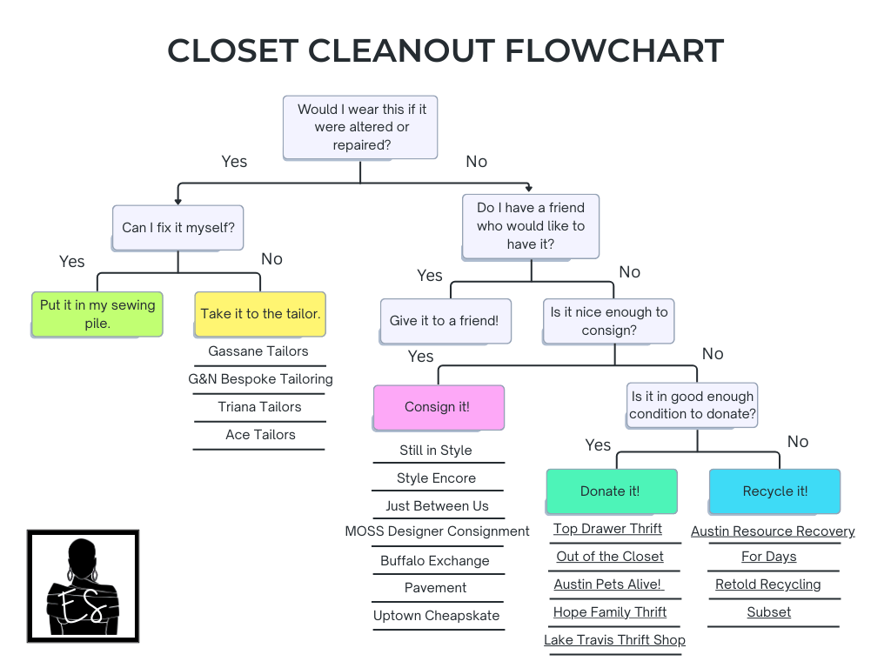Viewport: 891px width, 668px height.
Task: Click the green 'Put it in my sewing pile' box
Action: pyautogui.click(x=97, y=314)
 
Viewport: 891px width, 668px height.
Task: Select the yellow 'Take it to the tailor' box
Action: pyautogui.click(x=260, y=314)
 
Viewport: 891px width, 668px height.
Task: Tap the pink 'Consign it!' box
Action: pyautogui.click(x=438, y=407)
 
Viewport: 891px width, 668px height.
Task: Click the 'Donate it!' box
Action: pyautogui.click(x=610, y=491)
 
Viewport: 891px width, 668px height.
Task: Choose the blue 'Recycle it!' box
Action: pyautogui.click(x=774, y=491)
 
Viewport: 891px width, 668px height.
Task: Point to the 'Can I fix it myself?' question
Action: pyautogui.click(x=178, y=227)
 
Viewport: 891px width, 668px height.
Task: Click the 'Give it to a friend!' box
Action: pyautogui.click(x=444, y=321)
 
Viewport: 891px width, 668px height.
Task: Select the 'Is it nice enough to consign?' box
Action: pyautogui.click(x=609, y=321)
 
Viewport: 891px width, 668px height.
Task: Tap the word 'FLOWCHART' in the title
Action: pyautogui.click(x=614, y=50)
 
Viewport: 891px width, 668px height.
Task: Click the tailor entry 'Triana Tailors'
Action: pyautogui.click(x=259, y=407)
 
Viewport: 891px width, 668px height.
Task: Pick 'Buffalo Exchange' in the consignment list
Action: pyautogui.click(x=435, y=561)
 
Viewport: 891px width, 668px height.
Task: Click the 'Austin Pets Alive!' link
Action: pyautogui.click(x=608, y=584)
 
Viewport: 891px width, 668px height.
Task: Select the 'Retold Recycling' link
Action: pyautogui.click(x=767, y=584)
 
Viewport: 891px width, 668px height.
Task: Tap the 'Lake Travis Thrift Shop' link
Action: pyautogui.click(x=614, y=640)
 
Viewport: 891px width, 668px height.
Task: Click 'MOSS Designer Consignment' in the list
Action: pyautogui.click(x=437, y=531)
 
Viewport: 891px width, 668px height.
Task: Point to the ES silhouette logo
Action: pyautogui.click(x=83, y=585)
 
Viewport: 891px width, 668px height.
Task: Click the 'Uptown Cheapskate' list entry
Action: pyautogui.click(x=436, y=616)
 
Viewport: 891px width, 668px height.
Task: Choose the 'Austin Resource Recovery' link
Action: pyautogui.click(x=773, y=531)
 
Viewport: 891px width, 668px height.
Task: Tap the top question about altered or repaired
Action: pyautogui.click(x=361, y=127)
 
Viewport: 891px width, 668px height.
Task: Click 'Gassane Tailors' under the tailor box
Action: pyautogui.click(x=258, y=351)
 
